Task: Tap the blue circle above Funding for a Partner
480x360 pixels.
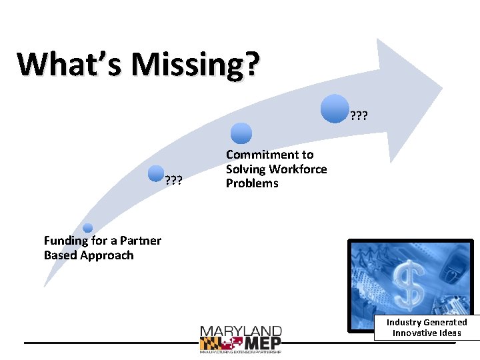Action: click(87, 228)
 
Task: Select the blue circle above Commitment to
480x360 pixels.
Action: click(241, 133)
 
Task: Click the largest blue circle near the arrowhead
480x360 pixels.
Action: click(335, 109)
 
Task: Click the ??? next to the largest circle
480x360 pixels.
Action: click(359, 118)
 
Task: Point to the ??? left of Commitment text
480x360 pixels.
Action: click(174, 180)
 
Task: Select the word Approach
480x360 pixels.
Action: click(107, 255)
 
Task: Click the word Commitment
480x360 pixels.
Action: click(269, 155)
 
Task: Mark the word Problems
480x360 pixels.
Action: click(252, 183)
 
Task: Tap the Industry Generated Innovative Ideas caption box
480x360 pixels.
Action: click(427, 327)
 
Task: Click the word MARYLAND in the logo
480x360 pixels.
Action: click(241, 331)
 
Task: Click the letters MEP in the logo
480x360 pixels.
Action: click(262, 343)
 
